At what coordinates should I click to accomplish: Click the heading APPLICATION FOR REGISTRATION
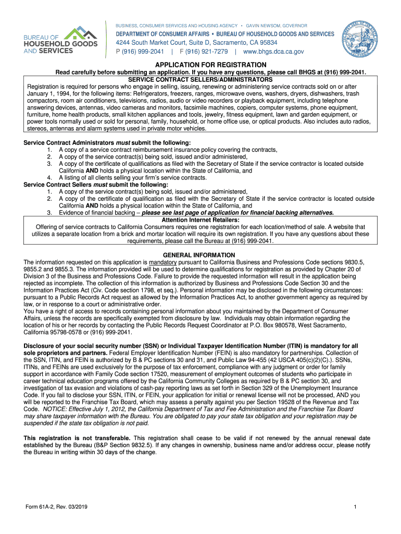(x=200, y=65)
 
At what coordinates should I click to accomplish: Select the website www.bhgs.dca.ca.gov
(x=273, y=52)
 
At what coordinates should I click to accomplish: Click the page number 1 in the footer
(x=354, y=507)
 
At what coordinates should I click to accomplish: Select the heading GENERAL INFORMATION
(x=200, y=254)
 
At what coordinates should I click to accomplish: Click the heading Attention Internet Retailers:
(x=200, y=220)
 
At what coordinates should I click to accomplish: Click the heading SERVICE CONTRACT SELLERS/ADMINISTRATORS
(x=200, y=79)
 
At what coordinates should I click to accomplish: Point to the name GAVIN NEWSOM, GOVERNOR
(x=277, y=26)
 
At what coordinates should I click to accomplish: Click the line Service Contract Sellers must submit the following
(x=96, y=185)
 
